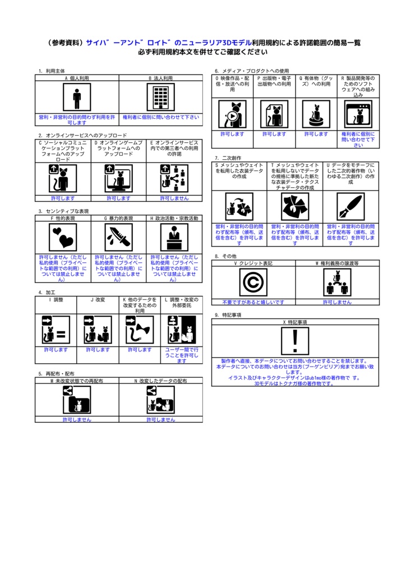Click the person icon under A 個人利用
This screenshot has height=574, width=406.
[77, 97]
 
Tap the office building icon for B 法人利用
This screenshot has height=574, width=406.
[161, 97]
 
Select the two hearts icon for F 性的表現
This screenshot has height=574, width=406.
[63, 238]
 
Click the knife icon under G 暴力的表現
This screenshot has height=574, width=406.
[119, 238]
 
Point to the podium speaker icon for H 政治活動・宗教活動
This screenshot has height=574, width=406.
[174, 238]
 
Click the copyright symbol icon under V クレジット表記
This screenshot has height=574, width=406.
[253, 283]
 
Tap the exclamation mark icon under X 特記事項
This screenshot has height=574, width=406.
[295, 341]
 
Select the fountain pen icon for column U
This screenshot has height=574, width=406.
[350, 207]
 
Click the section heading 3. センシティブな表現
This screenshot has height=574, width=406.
[64, 211]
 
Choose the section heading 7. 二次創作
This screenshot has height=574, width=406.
[228, 158]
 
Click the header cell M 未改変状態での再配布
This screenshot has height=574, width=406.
[77, 381]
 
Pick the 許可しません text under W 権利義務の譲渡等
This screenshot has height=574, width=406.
[337, 302]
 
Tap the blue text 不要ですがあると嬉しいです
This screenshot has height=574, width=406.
[253, 302]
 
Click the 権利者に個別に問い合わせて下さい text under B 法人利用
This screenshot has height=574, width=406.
[161, 117]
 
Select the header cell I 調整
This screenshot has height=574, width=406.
[56, 299]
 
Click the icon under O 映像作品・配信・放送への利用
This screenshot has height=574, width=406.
[233, 114]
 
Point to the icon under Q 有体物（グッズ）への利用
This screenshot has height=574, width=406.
[316, 114]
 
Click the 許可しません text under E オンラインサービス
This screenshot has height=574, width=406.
[174, 198]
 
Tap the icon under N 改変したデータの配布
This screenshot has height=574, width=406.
[161, 400]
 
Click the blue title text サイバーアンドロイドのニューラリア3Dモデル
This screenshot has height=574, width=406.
[169, 43]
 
